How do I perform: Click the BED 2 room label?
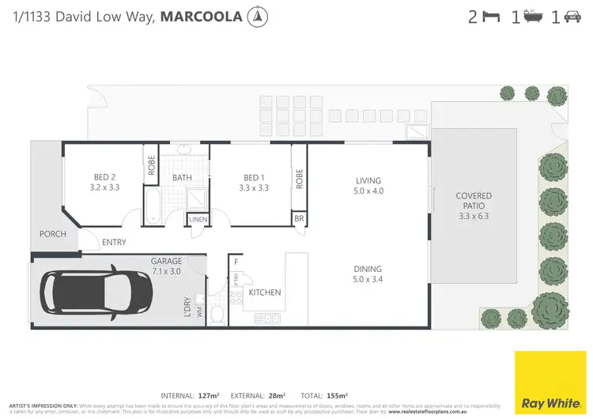[103, 183]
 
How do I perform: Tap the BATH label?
[183, 178]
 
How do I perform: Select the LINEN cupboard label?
[198, 219]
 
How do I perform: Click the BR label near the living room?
[299, 219]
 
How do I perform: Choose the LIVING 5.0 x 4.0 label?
[368, 186]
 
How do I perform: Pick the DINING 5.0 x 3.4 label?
[368, 274]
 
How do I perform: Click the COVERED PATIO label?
[474, 206]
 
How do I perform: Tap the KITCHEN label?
[265, 293]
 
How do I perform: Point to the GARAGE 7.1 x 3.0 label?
[166, 266]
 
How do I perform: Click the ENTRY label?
[114, 243]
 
